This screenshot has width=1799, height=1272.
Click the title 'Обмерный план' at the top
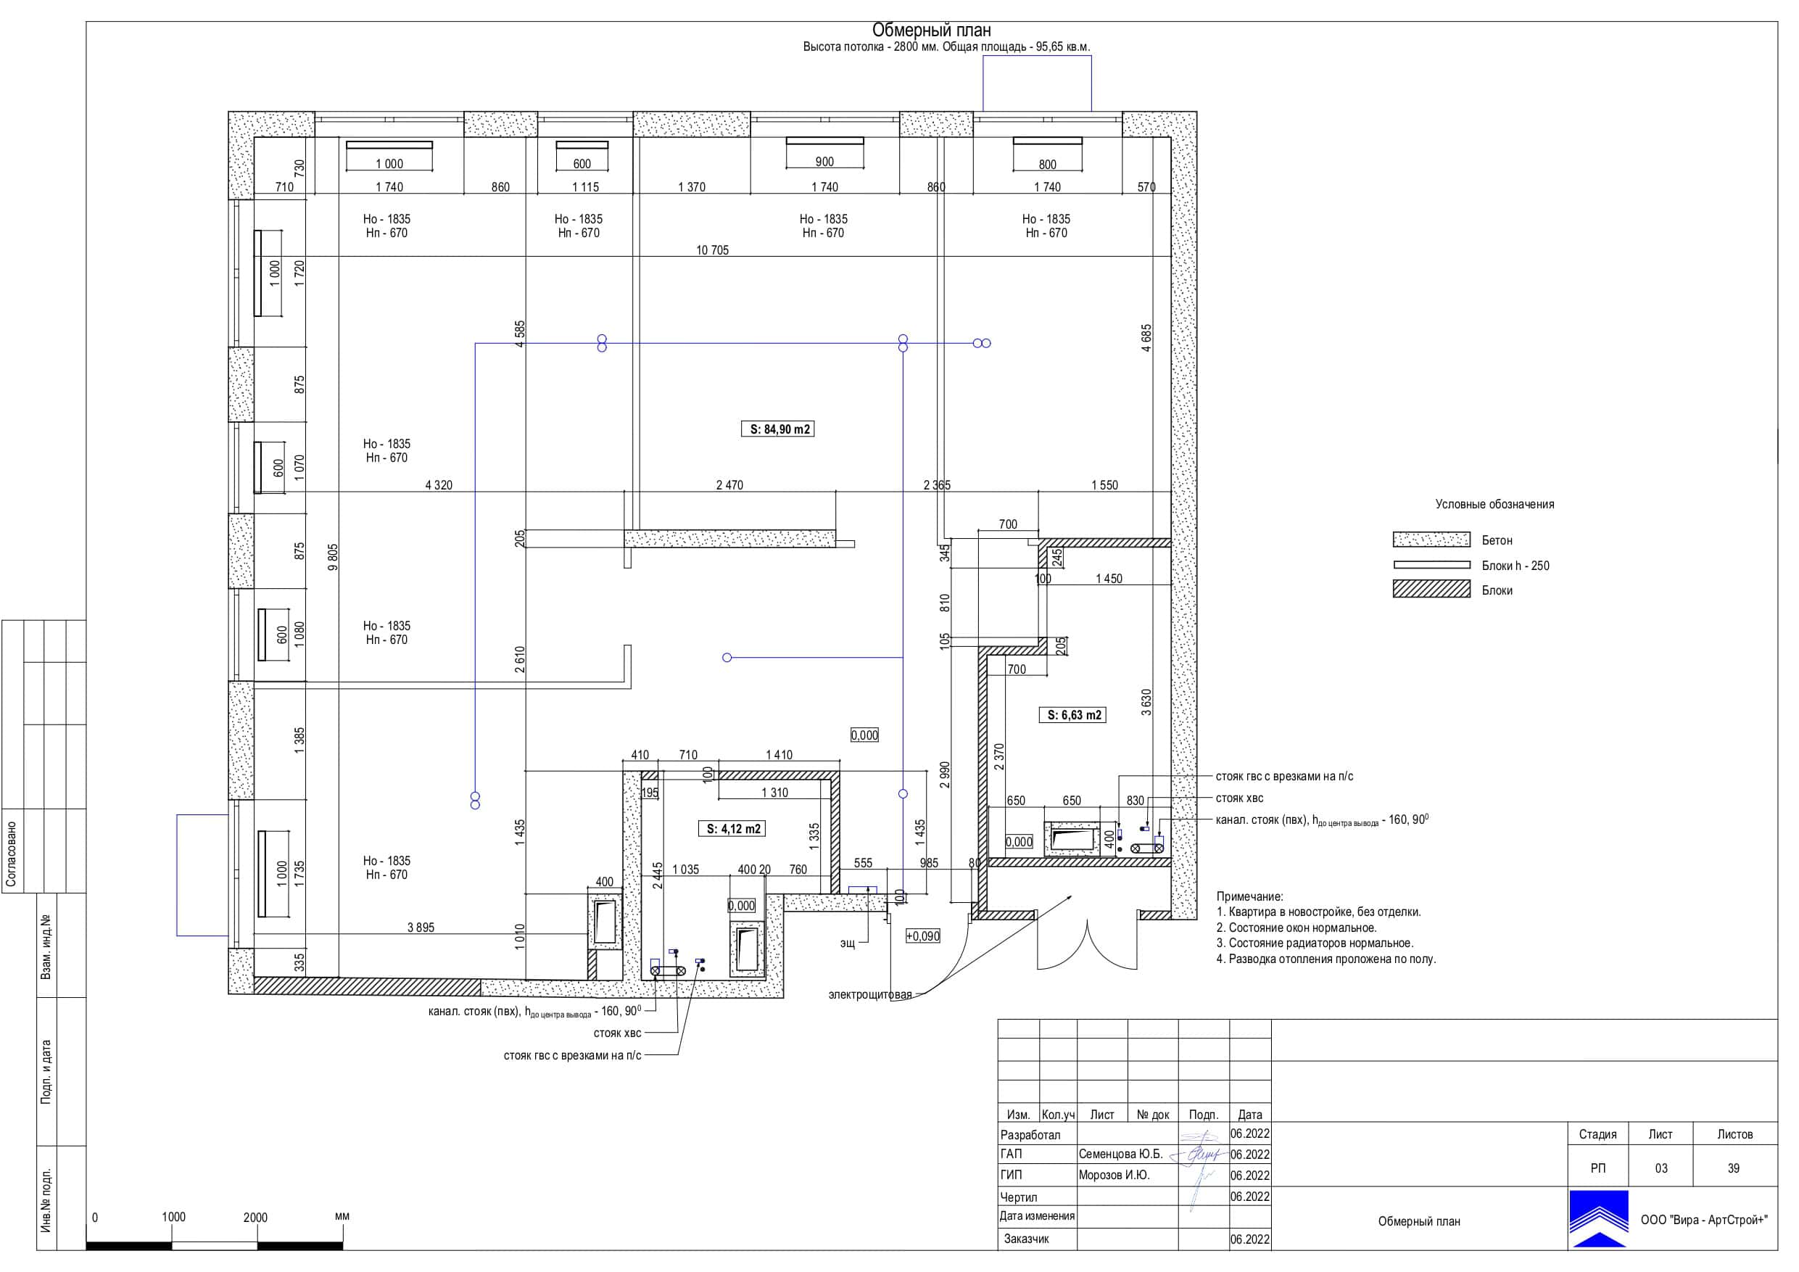pyautogui.click(x=932, y=30)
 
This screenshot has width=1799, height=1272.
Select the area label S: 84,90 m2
pyautogui.click(x=777, y=429)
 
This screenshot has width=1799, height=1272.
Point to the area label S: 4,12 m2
pyautogui.click(x=732, y=828)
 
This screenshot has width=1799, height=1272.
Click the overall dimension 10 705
pyautogui.click(x=712, y=250)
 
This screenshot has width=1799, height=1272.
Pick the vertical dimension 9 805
pyautogui.click(x=333, y=557)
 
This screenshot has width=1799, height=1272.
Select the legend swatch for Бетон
pyautogui.click(x=1431, y=540)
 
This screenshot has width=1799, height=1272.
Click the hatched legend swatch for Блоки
pyautogui.click(x=1431, y=590)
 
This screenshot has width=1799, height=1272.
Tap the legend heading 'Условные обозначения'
pyautogui.click(x=1494, y=504)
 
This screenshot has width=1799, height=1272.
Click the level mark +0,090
pyautogui.click(x=922, y=936)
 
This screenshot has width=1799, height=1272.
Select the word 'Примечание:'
pyautogui.click(x=1250, y=896)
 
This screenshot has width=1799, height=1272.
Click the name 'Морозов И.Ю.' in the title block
pyautogui.click(x=1113, y=1175)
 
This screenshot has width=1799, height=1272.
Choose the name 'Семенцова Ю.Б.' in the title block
pyautogui.click(x=1120, y=1154)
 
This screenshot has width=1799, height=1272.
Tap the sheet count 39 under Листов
pyautogui.click(x=1733, y=1168)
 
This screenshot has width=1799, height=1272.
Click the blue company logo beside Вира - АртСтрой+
pyautogui.click(x=1598, y=1219)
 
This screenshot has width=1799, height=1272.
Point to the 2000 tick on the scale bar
pyautogui.click(x=255, y=1217)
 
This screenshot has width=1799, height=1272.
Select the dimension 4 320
pyautogui.click(x=439, y=485)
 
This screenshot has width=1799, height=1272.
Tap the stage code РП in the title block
pyautogui.click(x=1597, y=1168)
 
